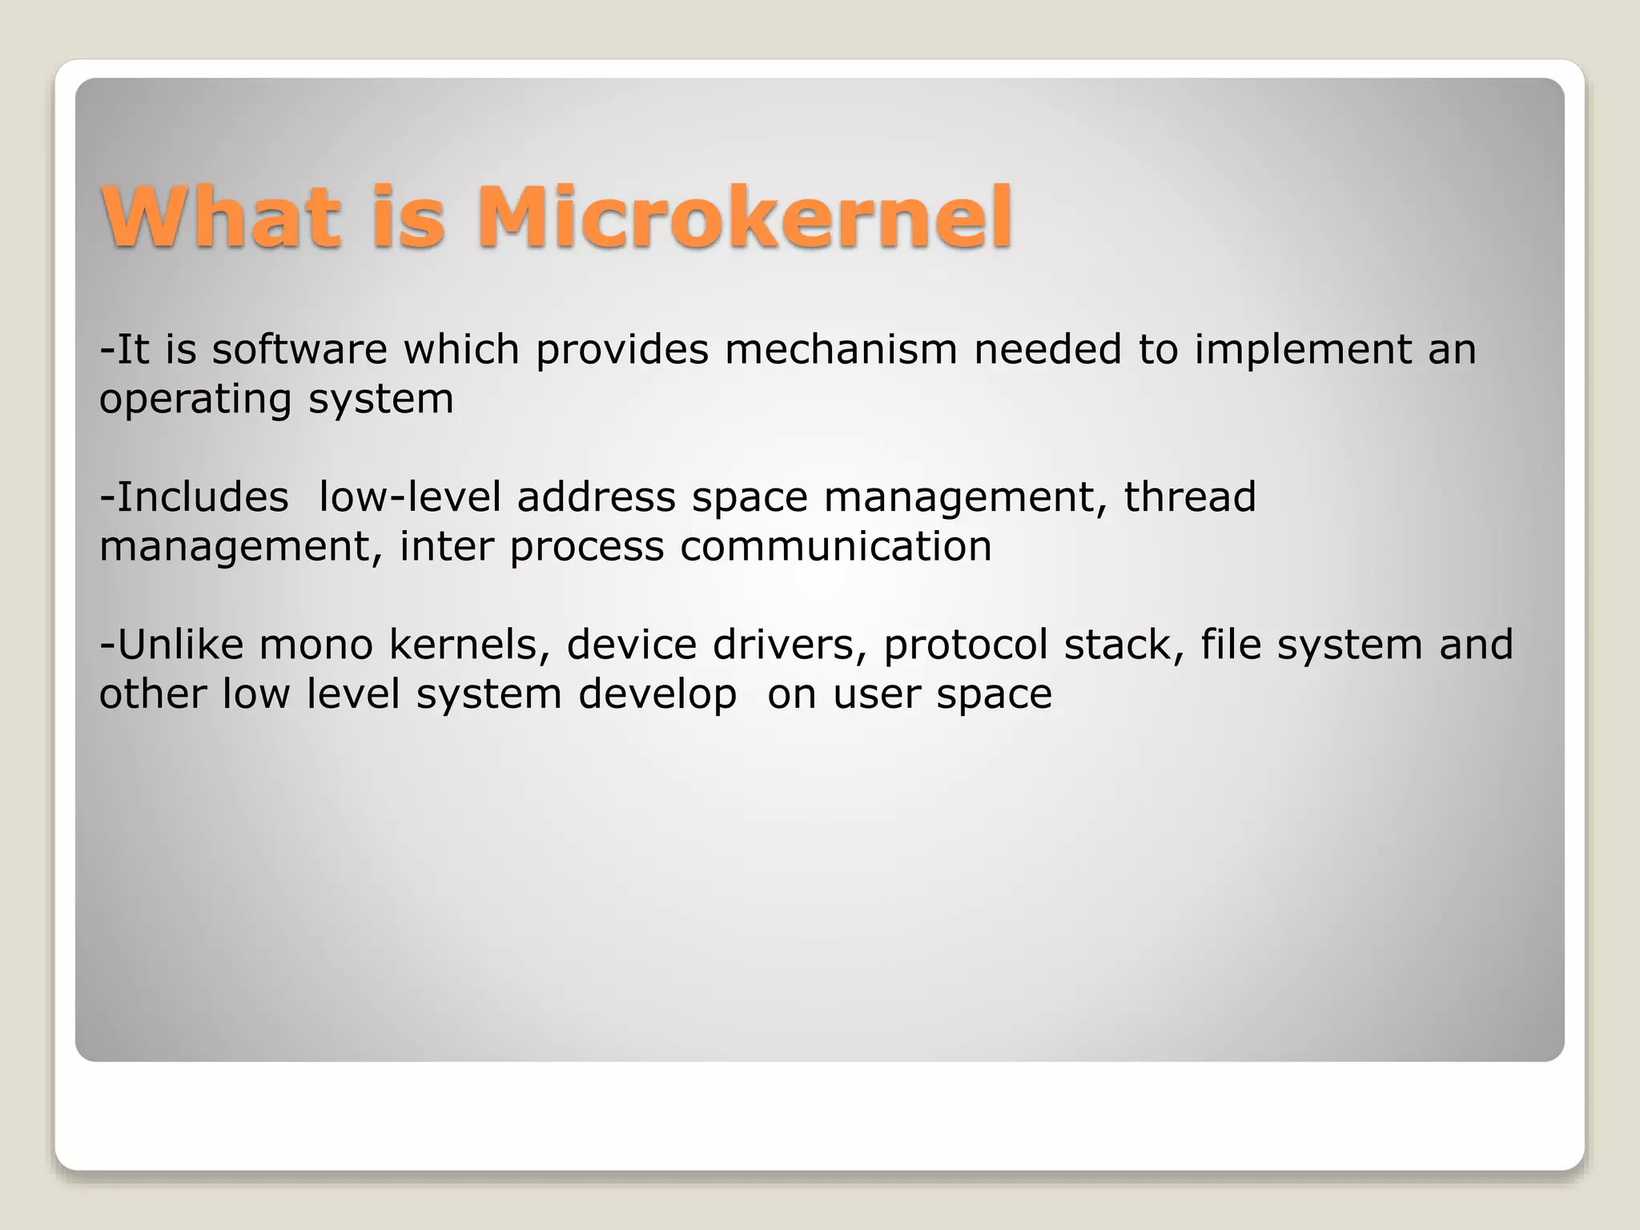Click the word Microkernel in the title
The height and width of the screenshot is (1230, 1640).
pyautogui.click(x=745, y=218)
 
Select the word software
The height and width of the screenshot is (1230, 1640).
pyautogui.click(x=299, y=350)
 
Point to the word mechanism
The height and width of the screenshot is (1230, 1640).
pyautogui.click(x=841, y=350)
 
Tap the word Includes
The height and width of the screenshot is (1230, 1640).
pyautogui.click(x=203, y=497)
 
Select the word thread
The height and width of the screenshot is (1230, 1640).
pyautogui.click(x=1190, y=497)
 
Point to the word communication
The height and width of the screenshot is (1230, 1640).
pyautogui.click(x=836, y=547)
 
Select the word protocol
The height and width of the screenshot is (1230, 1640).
pyautogui.click(x=966, y=645)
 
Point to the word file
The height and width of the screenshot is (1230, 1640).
pyautogui.click(x=1230, y=645)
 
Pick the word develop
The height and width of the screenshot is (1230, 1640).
pyautogui.click(x=657, y=695)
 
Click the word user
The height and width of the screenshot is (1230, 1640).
pyautogui.click(x=876, y=695)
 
